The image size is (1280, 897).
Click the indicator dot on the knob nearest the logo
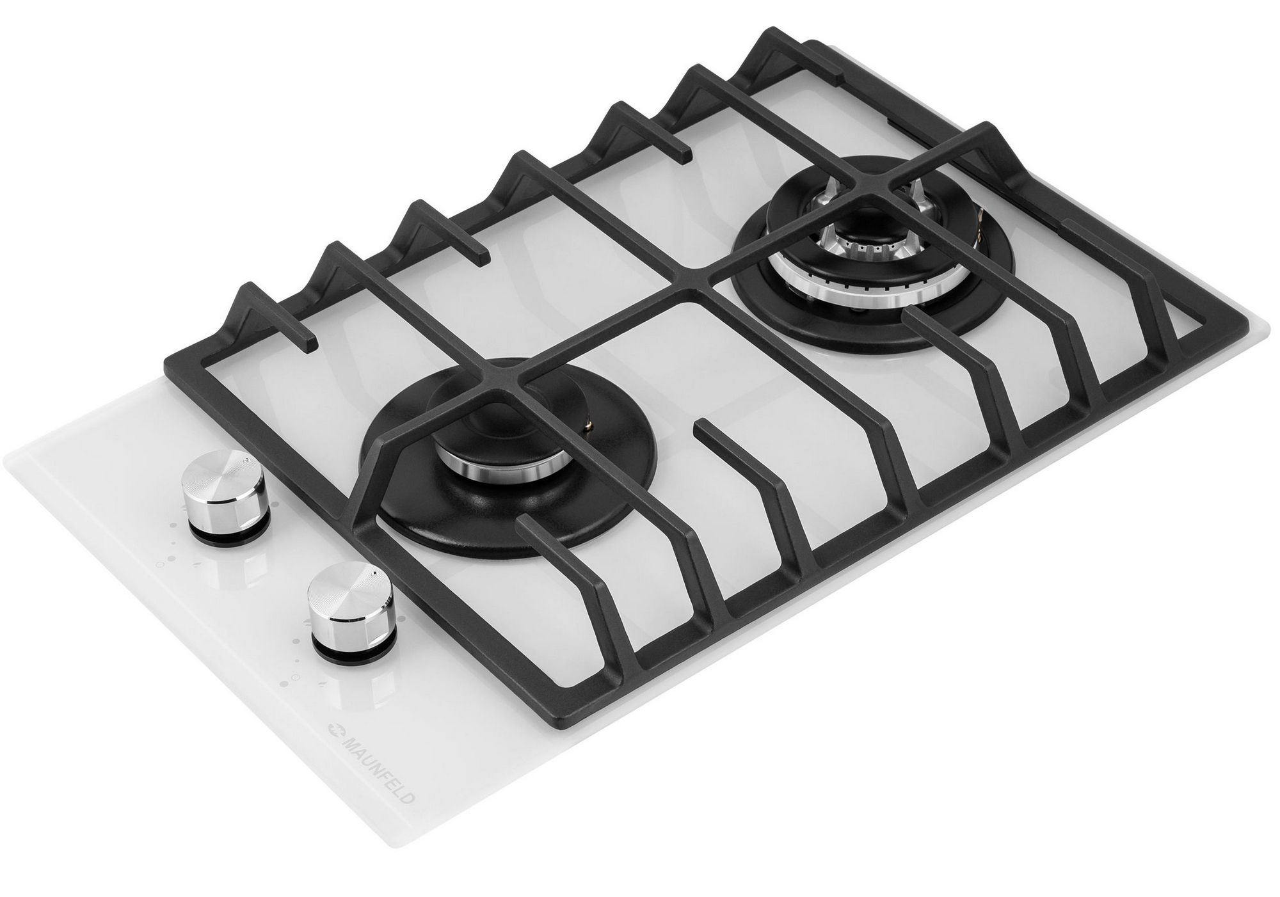click(x=370, y=571)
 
